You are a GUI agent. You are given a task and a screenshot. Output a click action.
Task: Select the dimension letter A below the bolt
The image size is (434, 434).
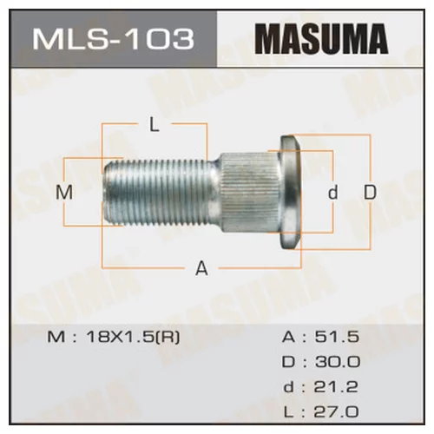(x=201, y=269)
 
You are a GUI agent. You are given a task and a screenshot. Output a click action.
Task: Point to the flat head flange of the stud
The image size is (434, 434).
(x=290, y=193)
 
